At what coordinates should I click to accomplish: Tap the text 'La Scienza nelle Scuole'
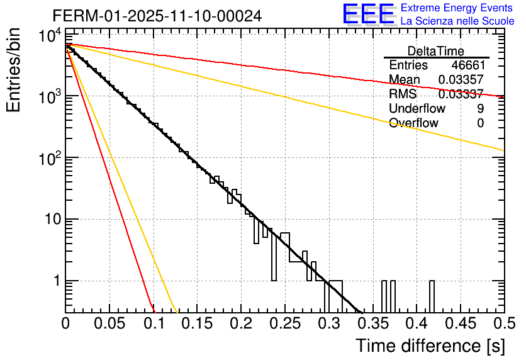[457, 21]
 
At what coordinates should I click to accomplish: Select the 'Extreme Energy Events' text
[457, 8]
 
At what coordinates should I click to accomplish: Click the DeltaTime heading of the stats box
[436, 51]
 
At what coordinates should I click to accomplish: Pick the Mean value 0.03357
[461, 80]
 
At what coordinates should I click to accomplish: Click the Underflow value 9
[480, 109]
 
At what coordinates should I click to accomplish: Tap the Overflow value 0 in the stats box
[480, 123]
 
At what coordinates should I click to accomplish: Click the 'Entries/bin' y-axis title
[19, 70]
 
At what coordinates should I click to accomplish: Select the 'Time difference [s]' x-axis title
[428, 346]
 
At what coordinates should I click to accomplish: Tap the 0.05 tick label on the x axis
[109, 323]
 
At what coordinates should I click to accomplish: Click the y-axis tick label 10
[48, 220]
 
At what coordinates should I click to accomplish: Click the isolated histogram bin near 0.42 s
[432, 296]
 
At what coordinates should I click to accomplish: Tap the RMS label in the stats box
[403, 94]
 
